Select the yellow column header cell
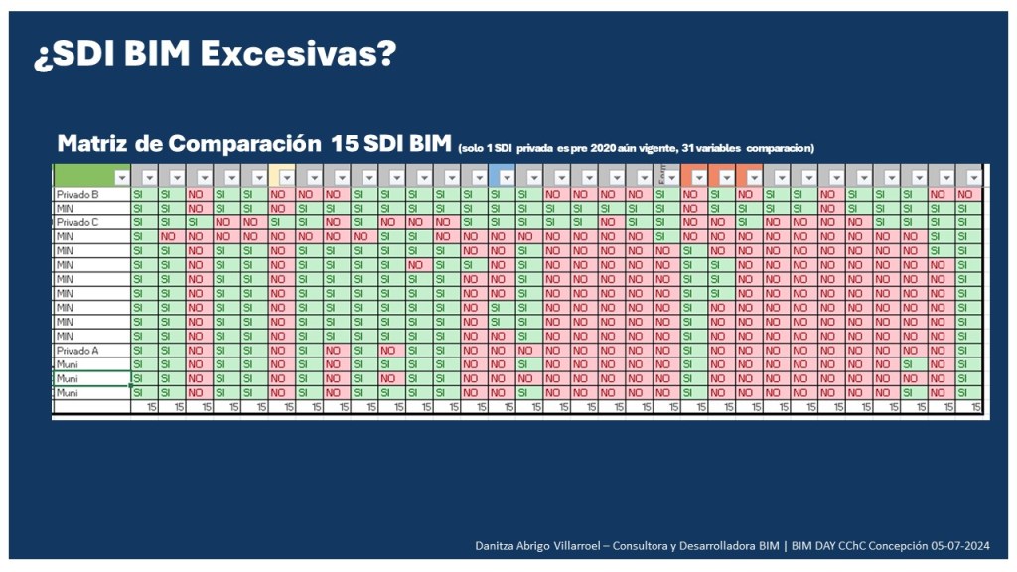[282, 177]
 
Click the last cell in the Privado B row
[968, 195]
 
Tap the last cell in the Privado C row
[968, 223]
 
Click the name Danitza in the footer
[498, 546]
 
